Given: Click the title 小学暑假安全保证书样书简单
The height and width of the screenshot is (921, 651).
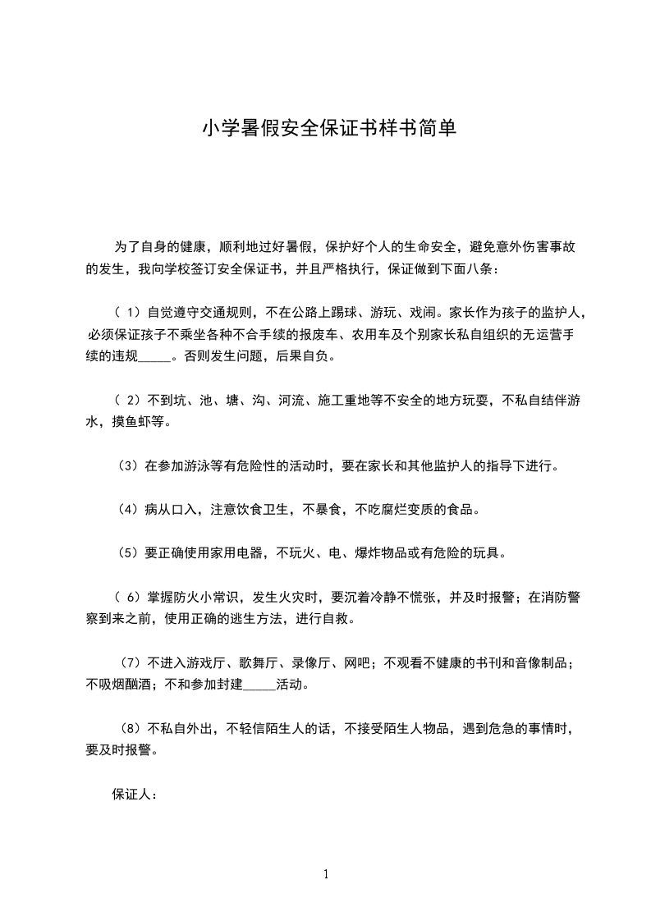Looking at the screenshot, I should [x=328, y=129].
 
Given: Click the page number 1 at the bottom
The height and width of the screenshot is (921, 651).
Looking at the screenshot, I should [x=326, y=874].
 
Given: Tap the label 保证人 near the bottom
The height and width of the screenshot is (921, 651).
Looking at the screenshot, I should [x=131, y=795].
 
